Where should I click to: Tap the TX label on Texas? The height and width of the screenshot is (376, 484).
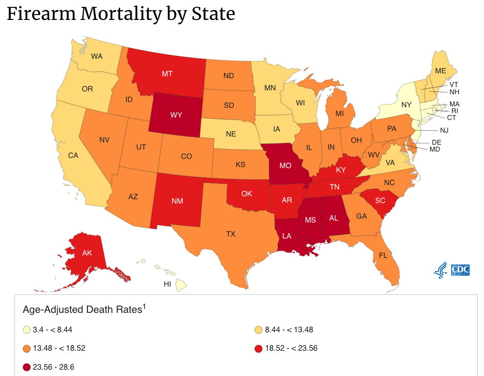[231, 234]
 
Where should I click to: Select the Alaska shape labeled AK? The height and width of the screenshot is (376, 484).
[87, 253]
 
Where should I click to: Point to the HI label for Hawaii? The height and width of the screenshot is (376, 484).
[167, 284]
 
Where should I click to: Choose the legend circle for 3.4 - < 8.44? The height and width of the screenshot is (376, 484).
[27, 330]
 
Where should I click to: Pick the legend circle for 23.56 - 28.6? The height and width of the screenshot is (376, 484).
[27, 367]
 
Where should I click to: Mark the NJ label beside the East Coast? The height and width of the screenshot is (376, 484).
[444, 130]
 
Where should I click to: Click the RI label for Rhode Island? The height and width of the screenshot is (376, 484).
[454, 111]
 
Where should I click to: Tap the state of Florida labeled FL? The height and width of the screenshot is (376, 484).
[383, 255]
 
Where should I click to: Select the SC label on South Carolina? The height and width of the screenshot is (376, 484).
[380, 200]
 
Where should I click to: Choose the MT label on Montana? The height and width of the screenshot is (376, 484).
[167, 74]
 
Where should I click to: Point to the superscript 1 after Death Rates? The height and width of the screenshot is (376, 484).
[144, 307]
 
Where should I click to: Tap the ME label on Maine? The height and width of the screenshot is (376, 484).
[440, 71]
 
